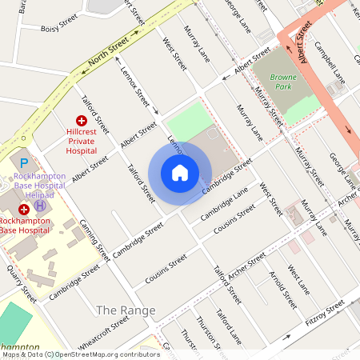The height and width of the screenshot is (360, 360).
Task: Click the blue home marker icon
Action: coord(180,173)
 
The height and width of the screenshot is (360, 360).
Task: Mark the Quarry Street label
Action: coord(21,283)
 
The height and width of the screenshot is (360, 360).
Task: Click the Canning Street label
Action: coord(94,241)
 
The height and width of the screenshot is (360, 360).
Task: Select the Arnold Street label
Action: coord(283,290)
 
